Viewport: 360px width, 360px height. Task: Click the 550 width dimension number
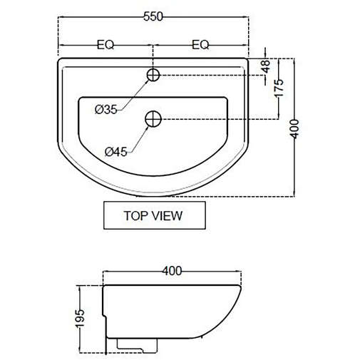pyautogui.click(x=153, y=16)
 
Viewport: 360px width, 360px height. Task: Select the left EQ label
pyautogui.click(x=106, y=44)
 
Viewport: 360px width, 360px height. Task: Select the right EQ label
pyautogui.click(x=201, y=44)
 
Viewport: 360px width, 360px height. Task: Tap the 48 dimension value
pyautogui.click(x=266, y=66)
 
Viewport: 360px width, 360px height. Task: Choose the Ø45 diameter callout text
pyautogui.click(x=115, y=151)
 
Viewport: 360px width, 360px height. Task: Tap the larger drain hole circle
pyautogui.click(x=153, y=119)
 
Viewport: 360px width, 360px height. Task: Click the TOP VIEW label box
pyautogui.click(x=153, y=215)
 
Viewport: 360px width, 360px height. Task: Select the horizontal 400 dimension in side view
pyautogui.click(x=172, y=271)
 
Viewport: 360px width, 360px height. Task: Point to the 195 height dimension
pyautogui.click(x=81, y=317)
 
